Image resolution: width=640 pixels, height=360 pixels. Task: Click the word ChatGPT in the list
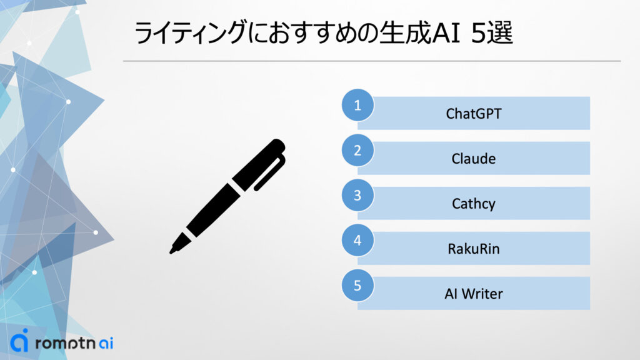(x=473, y=114)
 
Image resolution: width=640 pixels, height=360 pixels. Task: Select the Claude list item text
(x=473, y=159)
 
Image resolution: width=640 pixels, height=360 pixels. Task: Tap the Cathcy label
(x=473, y=204)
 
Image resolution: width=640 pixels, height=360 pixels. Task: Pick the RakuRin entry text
(x=473, y=249)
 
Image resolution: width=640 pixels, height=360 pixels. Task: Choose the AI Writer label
(x=473, y=294)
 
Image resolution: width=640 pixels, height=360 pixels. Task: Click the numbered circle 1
(x=357, y=105)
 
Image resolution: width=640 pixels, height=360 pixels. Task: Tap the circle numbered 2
(x=357, y=150)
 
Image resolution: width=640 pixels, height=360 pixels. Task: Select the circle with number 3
(x=357, y=195)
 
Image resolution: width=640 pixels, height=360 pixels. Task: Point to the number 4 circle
(x=357, y=240)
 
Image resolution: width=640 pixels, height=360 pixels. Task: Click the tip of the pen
(x=172, y=251)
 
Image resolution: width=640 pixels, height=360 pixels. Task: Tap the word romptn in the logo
(x=63, y=343)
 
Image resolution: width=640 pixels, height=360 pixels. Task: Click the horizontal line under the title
(x=371, y=61)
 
